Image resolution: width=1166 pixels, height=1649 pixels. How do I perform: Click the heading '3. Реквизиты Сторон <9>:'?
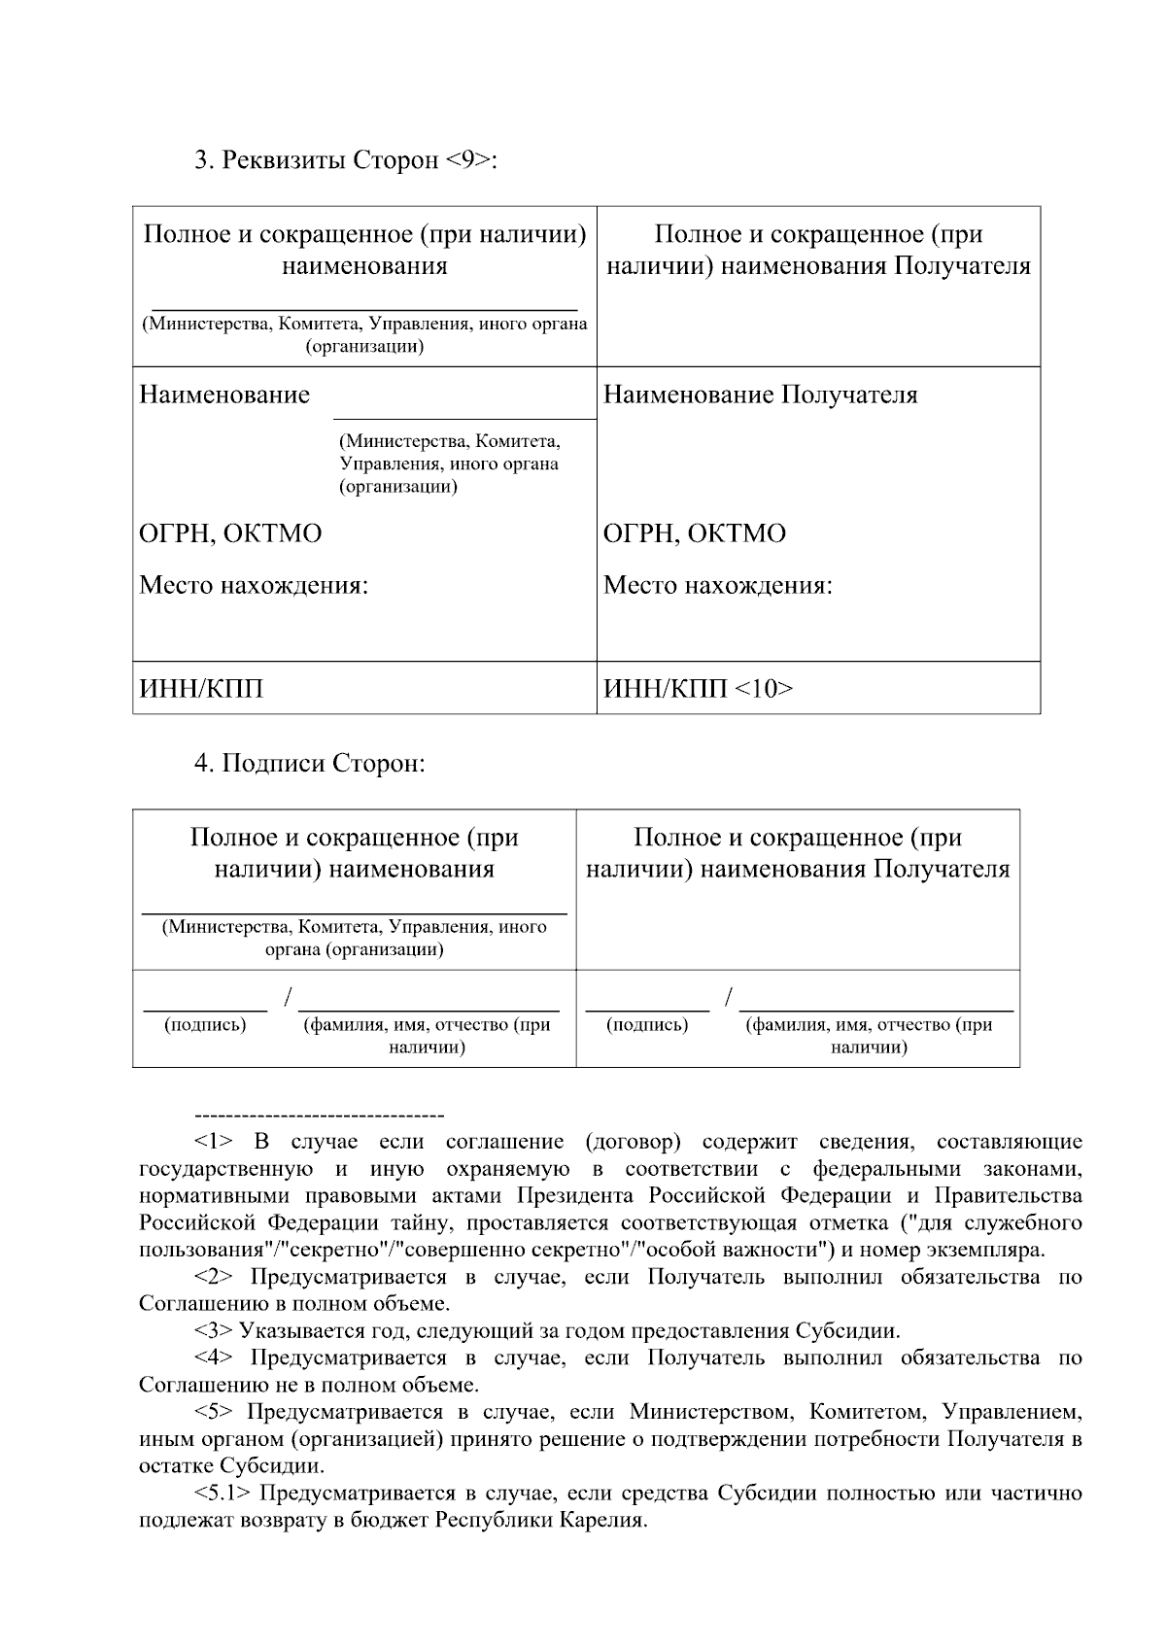pos(346,159)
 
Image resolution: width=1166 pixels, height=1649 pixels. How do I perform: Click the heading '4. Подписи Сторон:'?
pos(310,764)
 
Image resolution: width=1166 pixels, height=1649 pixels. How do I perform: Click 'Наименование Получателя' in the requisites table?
pos(761,395)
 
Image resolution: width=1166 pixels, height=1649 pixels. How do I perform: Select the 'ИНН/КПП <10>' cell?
pos(699,689)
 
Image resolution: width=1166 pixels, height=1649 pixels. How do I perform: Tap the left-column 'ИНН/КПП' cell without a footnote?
pos(201,689)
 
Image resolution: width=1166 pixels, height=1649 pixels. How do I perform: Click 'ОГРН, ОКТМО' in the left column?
pos(230,533)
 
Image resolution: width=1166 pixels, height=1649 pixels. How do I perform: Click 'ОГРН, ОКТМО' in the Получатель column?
pos(695,533)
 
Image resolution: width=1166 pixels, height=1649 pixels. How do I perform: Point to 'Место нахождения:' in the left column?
pos(254,586)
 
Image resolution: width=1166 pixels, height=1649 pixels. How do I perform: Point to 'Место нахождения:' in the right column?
pos(718,586)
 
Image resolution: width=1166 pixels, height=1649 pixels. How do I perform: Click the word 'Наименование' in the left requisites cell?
pos(224,395)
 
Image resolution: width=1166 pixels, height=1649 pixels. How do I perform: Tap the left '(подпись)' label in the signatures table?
pos(205,1024)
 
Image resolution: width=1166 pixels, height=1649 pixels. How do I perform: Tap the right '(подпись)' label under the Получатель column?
pos(647,1024)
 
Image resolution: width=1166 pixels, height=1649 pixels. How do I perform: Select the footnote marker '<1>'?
pos(214,1141)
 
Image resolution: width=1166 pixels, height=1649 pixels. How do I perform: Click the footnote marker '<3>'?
pos(214,1330)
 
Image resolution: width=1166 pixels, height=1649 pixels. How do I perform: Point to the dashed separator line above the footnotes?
pos(320,1115)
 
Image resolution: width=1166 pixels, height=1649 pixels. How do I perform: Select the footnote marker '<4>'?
pos(214,1357)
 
